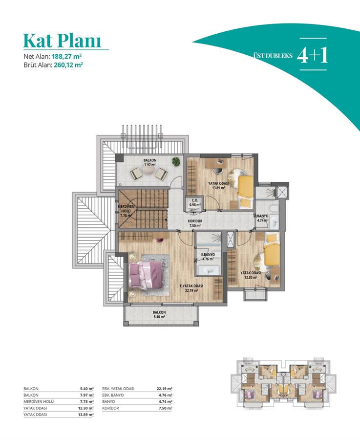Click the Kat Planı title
[62, 41]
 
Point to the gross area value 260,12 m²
[69, 65]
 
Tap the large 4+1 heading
[312, 54]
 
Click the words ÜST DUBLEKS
[273, 55]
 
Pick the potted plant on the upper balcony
[176, 161]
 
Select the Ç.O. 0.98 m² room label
[194, 202]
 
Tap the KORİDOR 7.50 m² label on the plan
[195, 223]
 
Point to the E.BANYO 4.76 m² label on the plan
[208, 257]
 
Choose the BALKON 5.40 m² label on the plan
[159, 314]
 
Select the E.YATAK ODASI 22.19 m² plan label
[191, 288]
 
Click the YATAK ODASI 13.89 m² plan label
[218, 185]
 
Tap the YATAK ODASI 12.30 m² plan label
[251, 275]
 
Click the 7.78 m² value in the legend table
[87, 401]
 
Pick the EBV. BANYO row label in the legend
[113, 395]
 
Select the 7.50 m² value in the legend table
[166, 408]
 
